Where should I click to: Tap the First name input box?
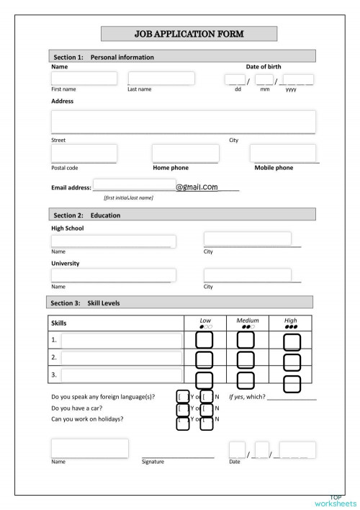(x=84, y=79)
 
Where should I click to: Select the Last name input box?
(x=161, y=79)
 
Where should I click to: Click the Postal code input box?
(x=84, y=153)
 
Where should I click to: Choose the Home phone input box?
(x=185, y=153)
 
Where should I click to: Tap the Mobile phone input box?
(x=282, y=153)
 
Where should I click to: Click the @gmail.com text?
(x=197, y=187)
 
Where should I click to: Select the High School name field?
(x=113, y=241)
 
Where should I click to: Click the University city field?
(x=248, y=275)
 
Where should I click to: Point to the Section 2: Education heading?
(x=86, y=215)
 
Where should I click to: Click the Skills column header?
(x=58, y=323)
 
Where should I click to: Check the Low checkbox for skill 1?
(x=204, y=340)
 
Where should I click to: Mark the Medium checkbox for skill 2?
(x=246, y=359)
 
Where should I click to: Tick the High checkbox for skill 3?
(x=292, y=383)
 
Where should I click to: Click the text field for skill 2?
(x=121, y=358)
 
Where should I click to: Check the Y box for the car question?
(x=183, y=409)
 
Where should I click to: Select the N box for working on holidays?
(x=207, y=422)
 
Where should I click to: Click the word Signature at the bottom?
(x=153, y=461)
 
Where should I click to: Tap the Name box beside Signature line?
(x=89, y=447)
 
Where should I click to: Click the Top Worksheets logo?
(x=336, y=501)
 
